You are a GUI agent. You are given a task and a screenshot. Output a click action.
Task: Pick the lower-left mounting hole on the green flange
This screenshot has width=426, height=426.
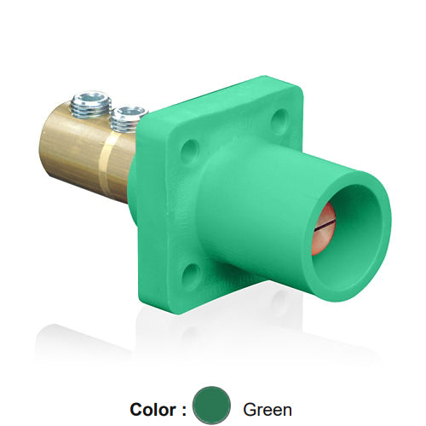[x=192, y=273]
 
